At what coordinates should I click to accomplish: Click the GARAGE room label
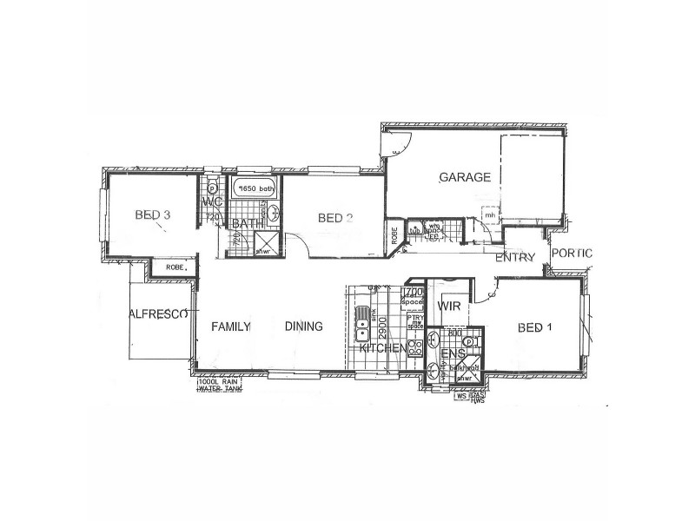coord(465,177)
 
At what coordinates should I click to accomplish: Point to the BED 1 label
coord(535,327)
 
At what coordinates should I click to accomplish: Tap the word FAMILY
coord(231,326)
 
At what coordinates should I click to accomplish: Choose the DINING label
coord(304,326)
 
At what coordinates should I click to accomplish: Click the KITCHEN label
coord(382,348)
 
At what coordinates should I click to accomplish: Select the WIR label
coord(449,307)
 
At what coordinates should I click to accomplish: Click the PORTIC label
coord(573,254)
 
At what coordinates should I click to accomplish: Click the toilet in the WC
coord(212,188)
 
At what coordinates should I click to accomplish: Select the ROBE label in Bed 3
coord(175,268)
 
